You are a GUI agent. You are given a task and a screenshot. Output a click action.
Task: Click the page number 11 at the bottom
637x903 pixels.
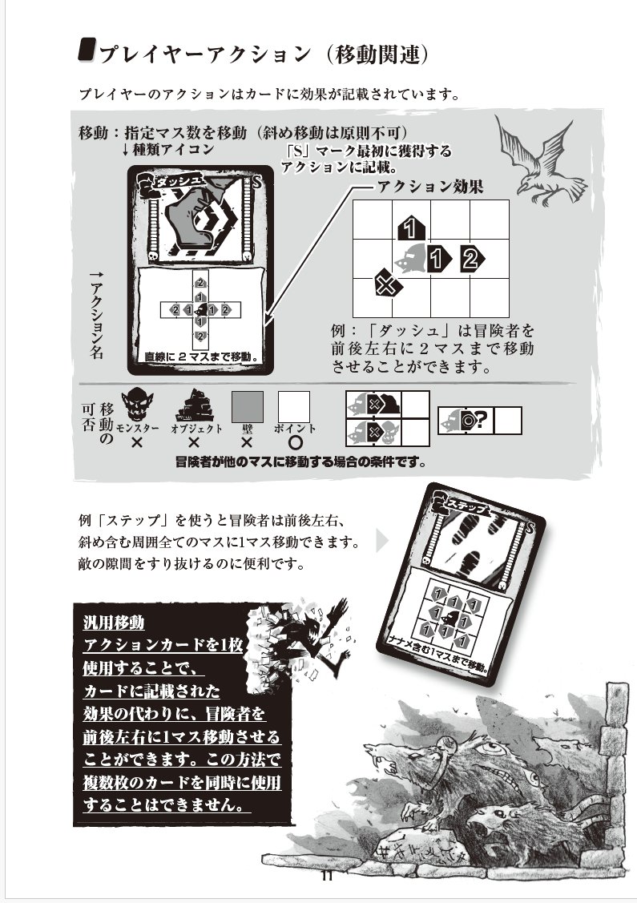point(326,876)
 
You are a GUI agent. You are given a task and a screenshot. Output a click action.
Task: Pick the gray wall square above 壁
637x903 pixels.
point(247,407)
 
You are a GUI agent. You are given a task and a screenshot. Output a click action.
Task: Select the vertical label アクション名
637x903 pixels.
point(96,316)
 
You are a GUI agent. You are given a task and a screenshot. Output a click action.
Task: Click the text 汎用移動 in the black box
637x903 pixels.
point(114,623)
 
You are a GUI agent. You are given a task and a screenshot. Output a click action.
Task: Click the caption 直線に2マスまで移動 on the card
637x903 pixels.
point(200,356)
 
